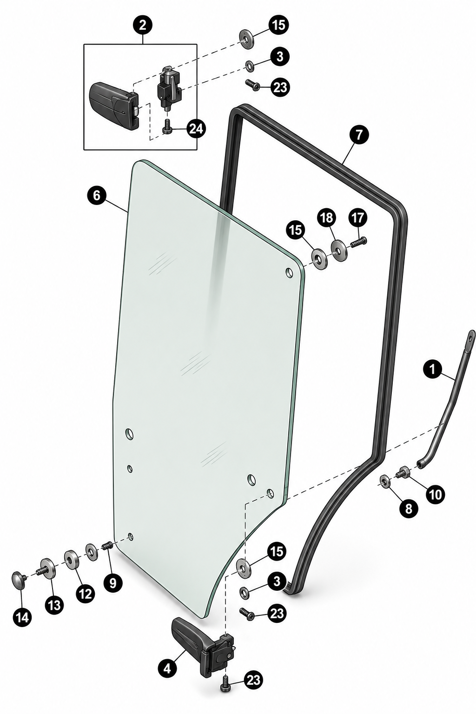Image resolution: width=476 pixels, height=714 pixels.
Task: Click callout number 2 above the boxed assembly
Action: [x=143, y=25]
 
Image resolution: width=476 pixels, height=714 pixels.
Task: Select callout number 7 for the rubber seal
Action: [x=359, y=135]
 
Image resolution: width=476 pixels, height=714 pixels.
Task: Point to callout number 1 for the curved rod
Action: [x=432, y=370]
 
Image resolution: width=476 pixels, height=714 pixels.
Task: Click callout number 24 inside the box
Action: [x=196, y=129]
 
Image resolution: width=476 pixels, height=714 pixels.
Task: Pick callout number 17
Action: [x=357, y=218]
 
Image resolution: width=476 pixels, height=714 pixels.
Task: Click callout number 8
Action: [x=409, y=509]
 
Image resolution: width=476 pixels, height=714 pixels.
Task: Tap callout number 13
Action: [x=54, y=604]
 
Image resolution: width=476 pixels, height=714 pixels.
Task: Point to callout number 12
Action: [x=85, y=594]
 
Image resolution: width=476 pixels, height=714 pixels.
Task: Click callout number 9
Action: [x=113, y=582]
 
